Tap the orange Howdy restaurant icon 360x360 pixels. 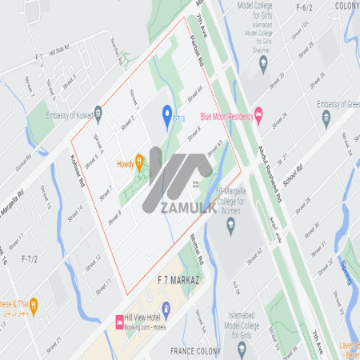coord(139,162)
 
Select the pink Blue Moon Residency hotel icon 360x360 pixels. coord(258,116)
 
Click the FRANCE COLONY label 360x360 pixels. coord(197,350)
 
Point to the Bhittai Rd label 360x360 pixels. coord(200,249)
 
